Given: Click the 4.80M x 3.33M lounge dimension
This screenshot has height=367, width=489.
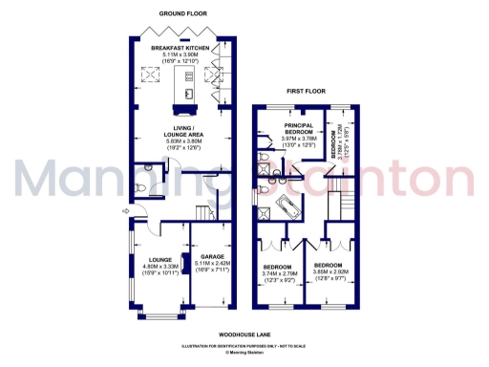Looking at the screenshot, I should click(x=155, y=266).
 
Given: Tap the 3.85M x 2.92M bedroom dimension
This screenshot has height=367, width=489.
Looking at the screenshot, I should click(x=330, y=271).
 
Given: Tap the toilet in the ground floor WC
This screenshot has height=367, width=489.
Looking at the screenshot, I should click(x=141, y=189).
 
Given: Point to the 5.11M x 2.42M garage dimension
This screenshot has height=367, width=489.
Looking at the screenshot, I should click(x=212, y=266).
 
